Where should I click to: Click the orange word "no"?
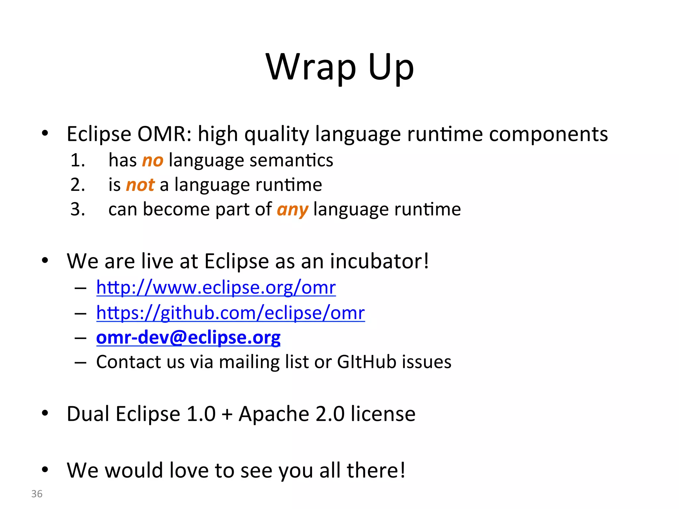click(153, 161)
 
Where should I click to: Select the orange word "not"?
click(140, 185)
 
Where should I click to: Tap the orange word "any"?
click(292, 210)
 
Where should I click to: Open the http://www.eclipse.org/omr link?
click(216, 287)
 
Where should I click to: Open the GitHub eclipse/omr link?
click(230, 312)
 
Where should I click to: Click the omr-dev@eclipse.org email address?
click(188, 337)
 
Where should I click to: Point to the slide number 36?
click(37, 494)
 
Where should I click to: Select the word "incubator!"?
click(379, 261)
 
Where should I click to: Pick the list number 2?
click(78, 185)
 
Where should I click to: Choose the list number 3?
click(78, 210)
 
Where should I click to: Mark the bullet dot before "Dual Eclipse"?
click(45, 413)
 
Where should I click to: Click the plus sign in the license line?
click(227, 414)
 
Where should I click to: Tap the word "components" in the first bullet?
click(548, 134)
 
